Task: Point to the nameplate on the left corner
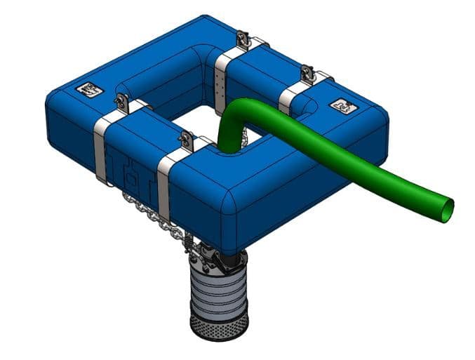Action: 91,89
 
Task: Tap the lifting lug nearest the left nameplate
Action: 121,101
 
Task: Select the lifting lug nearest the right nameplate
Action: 306,72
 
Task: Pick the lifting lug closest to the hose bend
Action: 186,140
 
